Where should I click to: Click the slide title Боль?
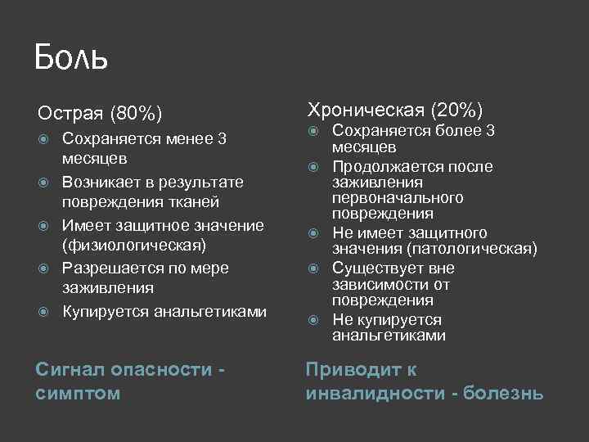click(x=71, y=58)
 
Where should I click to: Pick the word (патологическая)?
click(x=470, y=249)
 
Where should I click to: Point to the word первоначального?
click(x=398, y=198)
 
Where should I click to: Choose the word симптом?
click(x=78, y=394)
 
